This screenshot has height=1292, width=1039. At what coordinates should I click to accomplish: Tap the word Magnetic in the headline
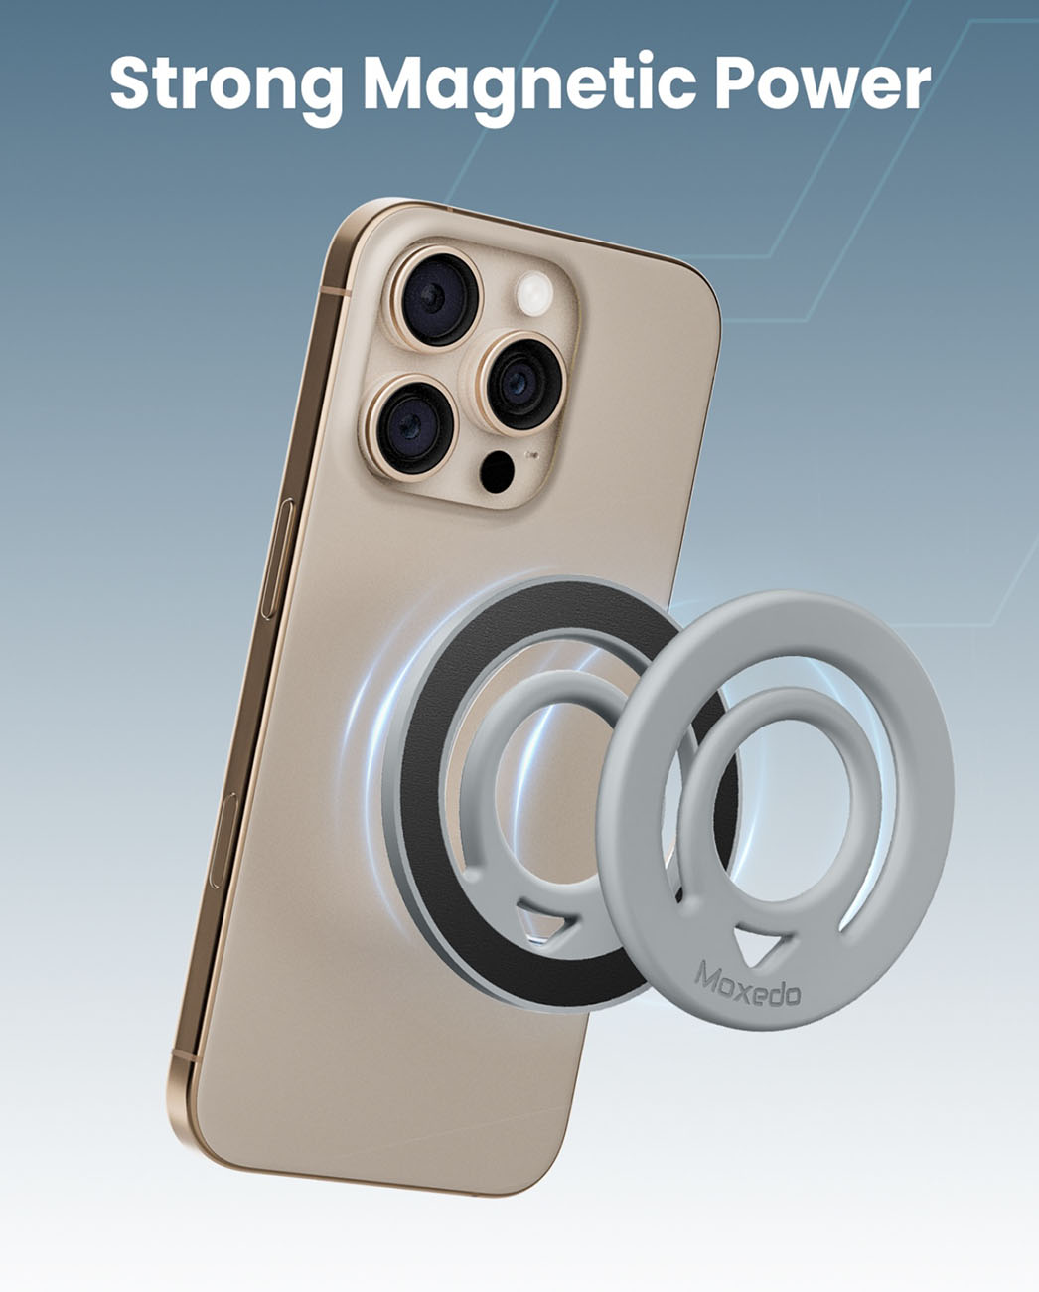(528, 87)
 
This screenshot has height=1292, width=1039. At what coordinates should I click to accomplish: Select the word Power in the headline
(822, 83)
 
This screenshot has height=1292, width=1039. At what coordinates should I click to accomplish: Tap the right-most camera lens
(519, 383)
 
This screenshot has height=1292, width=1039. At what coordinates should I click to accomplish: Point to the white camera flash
(533, 294)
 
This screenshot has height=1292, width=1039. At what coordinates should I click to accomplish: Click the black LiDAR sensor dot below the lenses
(497, 472)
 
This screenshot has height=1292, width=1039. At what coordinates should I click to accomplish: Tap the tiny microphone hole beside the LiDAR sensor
(531, 456)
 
